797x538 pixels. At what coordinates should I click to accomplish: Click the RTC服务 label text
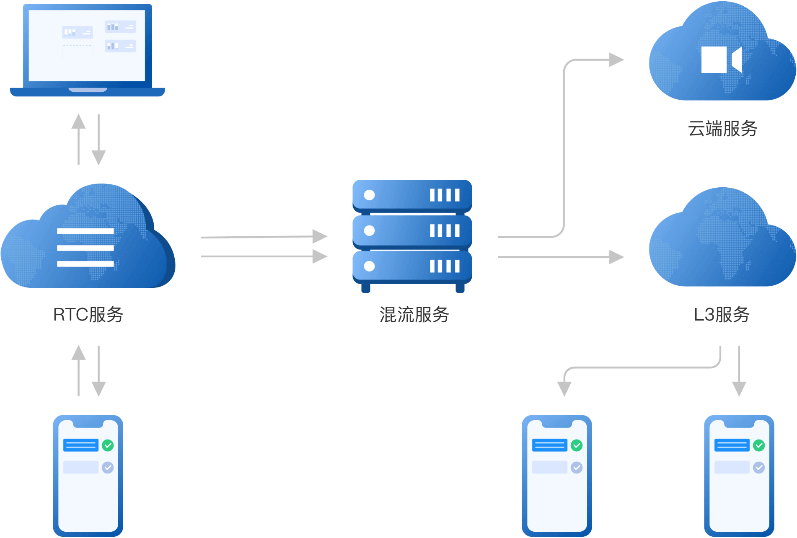tap(88, 315)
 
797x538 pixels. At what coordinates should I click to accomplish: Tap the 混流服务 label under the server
tap(414, 315)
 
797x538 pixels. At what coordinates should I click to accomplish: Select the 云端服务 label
tap(722, 129)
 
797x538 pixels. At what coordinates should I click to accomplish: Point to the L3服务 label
tap(722, 315)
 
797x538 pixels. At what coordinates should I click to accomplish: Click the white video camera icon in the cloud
tap(721, 59)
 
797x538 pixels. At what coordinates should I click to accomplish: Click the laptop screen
tap(87, 45)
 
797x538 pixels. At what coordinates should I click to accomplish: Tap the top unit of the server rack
tap(412, 195)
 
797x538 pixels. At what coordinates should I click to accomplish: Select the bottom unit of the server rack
tap(412, 266)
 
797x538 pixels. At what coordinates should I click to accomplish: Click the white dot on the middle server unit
tap(369, 230)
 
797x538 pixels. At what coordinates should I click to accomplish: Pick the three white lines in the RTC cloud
tap(85, 247)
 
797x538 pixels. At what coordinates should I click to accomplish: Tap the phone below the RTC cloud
tap(88, 476)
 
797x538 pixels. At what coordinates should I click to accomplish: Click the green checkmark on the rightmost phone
tap(758, 445)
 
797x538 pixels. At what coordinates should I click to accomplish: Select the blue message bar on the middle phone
tap(549, 445)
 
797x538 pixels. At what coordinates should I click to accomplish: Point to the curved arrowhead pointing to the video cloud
tap(616, 60)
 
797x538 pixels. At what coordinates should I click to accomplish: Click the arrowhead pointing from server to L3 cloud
tap(616, 257)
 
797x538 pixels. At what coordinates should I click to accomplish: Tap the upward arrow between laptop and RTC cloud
tap(78, 138)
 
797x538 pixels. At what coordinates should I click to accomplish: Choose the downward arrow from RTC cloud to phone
tap(98, 371)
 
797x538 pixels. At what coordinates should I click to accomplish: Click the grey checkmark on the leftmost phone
tap(108, 467)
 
